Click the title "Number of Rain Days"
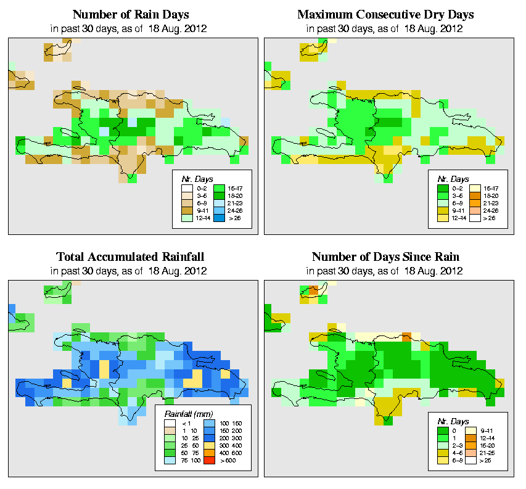131,14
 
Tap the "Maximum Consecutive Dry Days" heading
385,14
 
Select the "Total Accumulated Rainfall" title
131,257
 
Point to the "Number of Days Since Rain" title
385,257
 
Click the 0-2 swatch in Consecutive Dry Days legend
442,186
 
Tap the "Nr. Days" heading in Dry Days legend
458,178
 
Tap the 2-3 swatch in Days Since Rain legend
442,444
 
